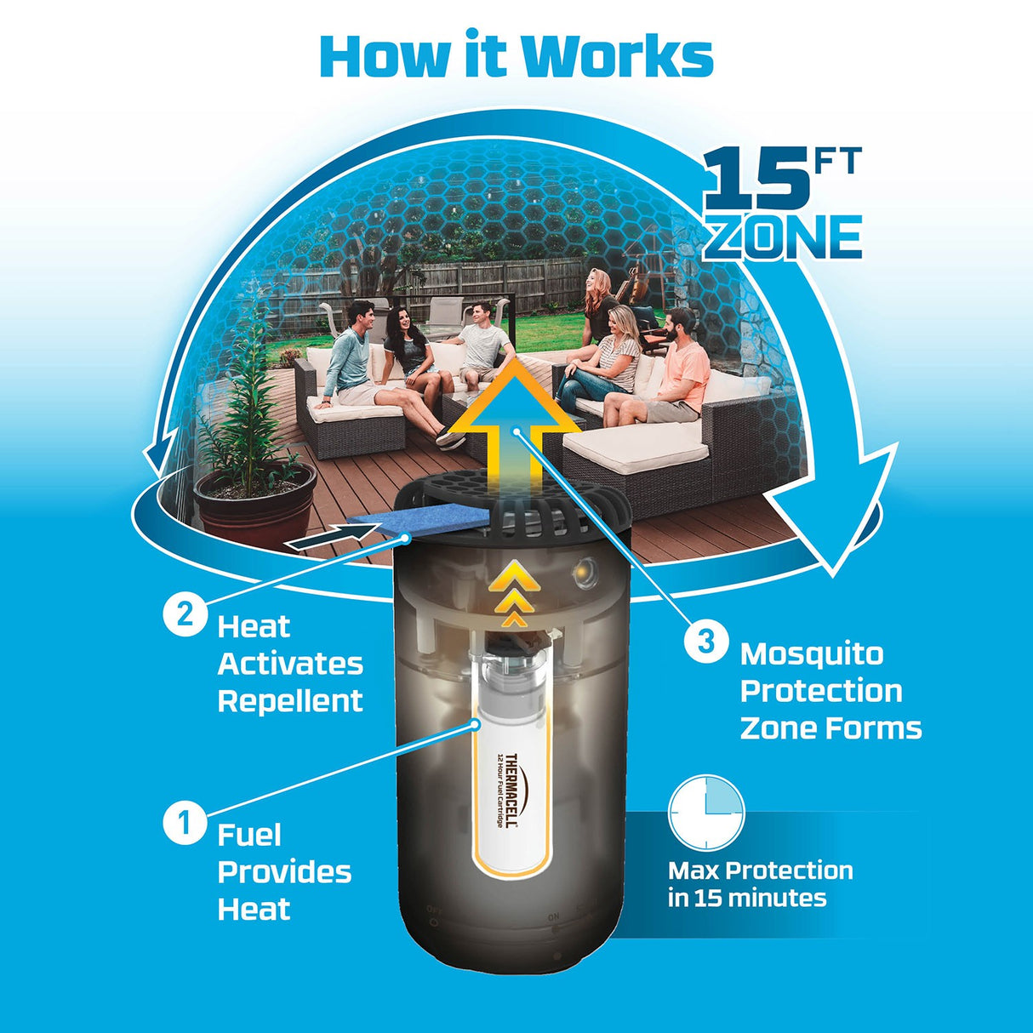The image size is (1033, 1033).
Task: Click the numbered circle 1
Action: pyautogui.click(x=184, y=823)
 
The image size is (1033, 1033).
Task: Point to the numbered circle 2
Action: pyautogui.click(x=185, y=614)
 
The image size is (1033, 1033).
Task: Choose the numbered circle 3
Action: pyautogui.click(x=706, y=641)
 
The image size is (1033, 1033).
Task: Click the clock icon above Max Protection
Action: pyautogui.click(x=706, y=813)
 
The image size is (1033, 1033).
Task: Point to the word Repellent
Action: pyautogui.click(x=290, y=701)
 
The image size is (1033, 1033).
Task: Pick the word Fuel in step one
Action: pyautogui.click(x=249, y=835)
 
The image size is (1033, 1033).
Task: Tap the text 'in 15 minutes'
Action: pyautogui.click(x=747, y=899)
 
